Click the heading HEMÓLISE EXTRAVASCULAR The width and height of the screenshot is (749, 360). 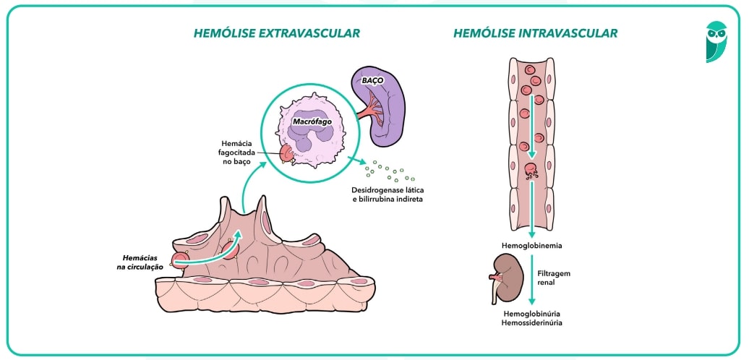[x=276, y=33]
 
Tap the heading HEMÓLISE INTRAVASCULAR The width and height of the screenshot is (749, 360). [x=535, y=33]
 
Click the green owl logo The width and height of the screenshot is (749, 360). [x=716, y=41]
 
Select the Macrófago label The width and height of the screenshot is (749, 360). [x=312, y=122]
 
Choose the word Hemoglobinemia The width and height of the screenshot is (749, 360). [x=531, y=246]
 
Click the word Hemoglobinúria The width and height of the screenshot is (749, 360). [x=532, y=314]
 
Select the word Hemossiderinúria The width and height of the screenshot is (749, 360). [x=532, y=323]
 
